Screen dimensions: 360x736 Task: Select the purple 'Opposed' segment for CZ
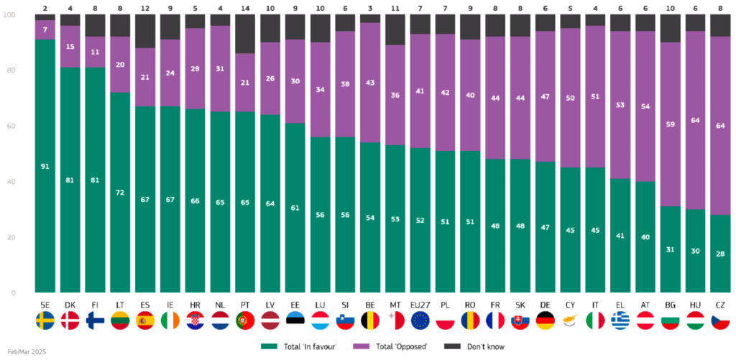[721, 126]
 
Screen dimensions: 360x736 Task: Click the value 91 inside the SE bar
[45, 166]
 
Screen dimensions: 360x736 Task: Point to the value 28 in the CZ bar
[721, 254]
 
